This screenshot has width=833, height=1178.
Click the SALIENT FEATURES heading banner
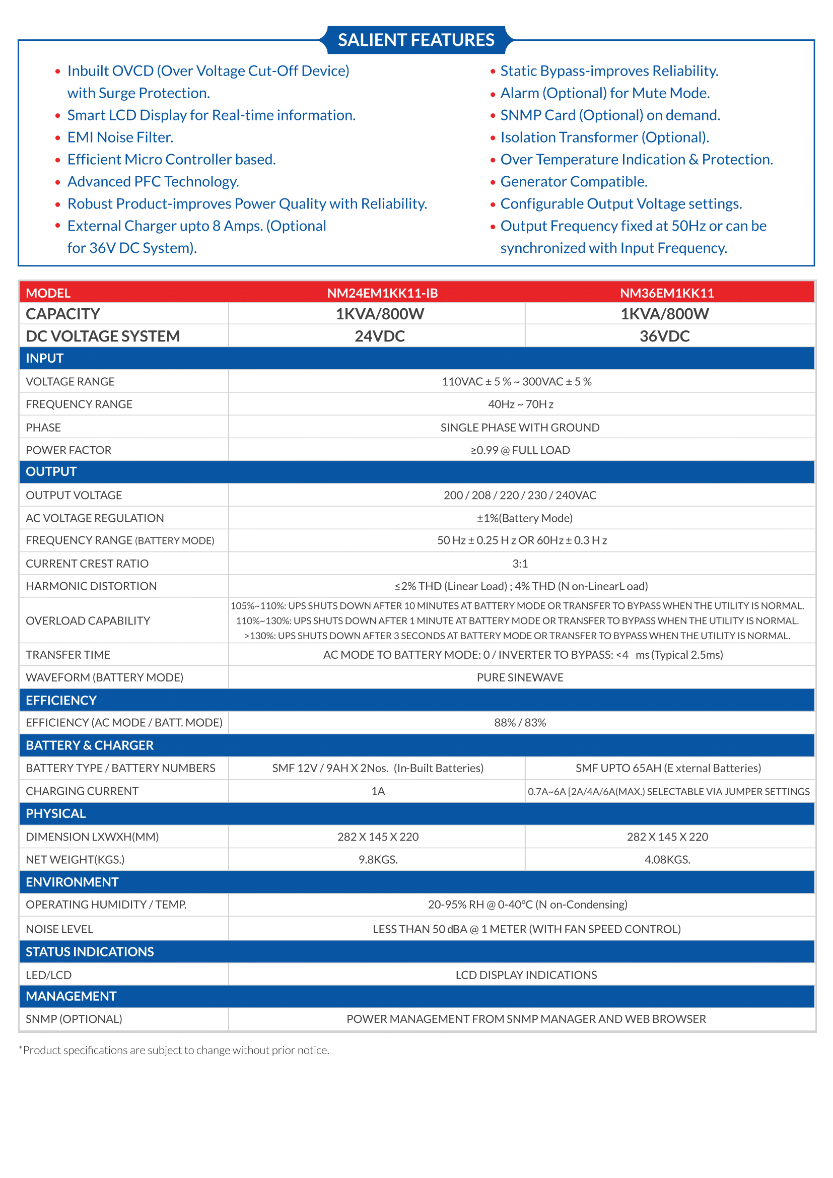416,40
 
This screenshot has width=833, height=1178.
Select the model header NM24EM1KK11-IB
382,293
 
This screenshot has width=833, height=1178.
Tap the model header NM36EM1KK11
666,293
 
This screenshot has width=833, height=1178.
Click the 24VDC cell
380,336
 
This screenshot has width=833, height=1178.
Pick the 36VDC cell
664,336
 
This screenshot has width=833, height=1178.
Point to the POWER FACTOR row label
68,450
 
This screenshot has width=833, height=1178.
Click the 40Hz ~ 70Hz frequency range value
520,404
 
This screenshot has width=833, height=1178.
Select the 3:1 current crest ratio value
520,564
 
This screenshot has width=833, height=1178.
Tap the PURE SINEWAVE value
520,677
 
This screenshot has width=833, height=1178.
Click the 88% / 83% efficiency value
520,722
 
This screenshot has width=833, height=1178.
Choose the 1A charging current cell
378,791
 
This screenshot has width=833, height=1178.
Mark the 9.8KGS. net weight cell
378,859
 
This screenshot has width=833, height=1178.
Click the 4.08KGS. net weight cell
667,859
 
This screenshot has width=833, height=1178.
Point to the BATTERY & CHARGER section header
90,745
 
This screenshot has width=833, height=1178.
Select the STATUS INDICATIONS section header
90,952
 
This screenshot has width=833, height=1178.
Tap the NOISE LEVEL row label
59,929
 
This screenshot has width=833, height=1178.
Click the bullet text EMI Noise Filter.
120,137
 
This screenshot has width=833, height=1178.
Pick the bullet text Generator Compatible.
574,182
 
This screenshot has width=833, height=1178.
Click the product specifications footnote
174,1050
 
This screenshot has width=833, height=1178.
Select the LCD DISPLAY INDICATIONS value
526,975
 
